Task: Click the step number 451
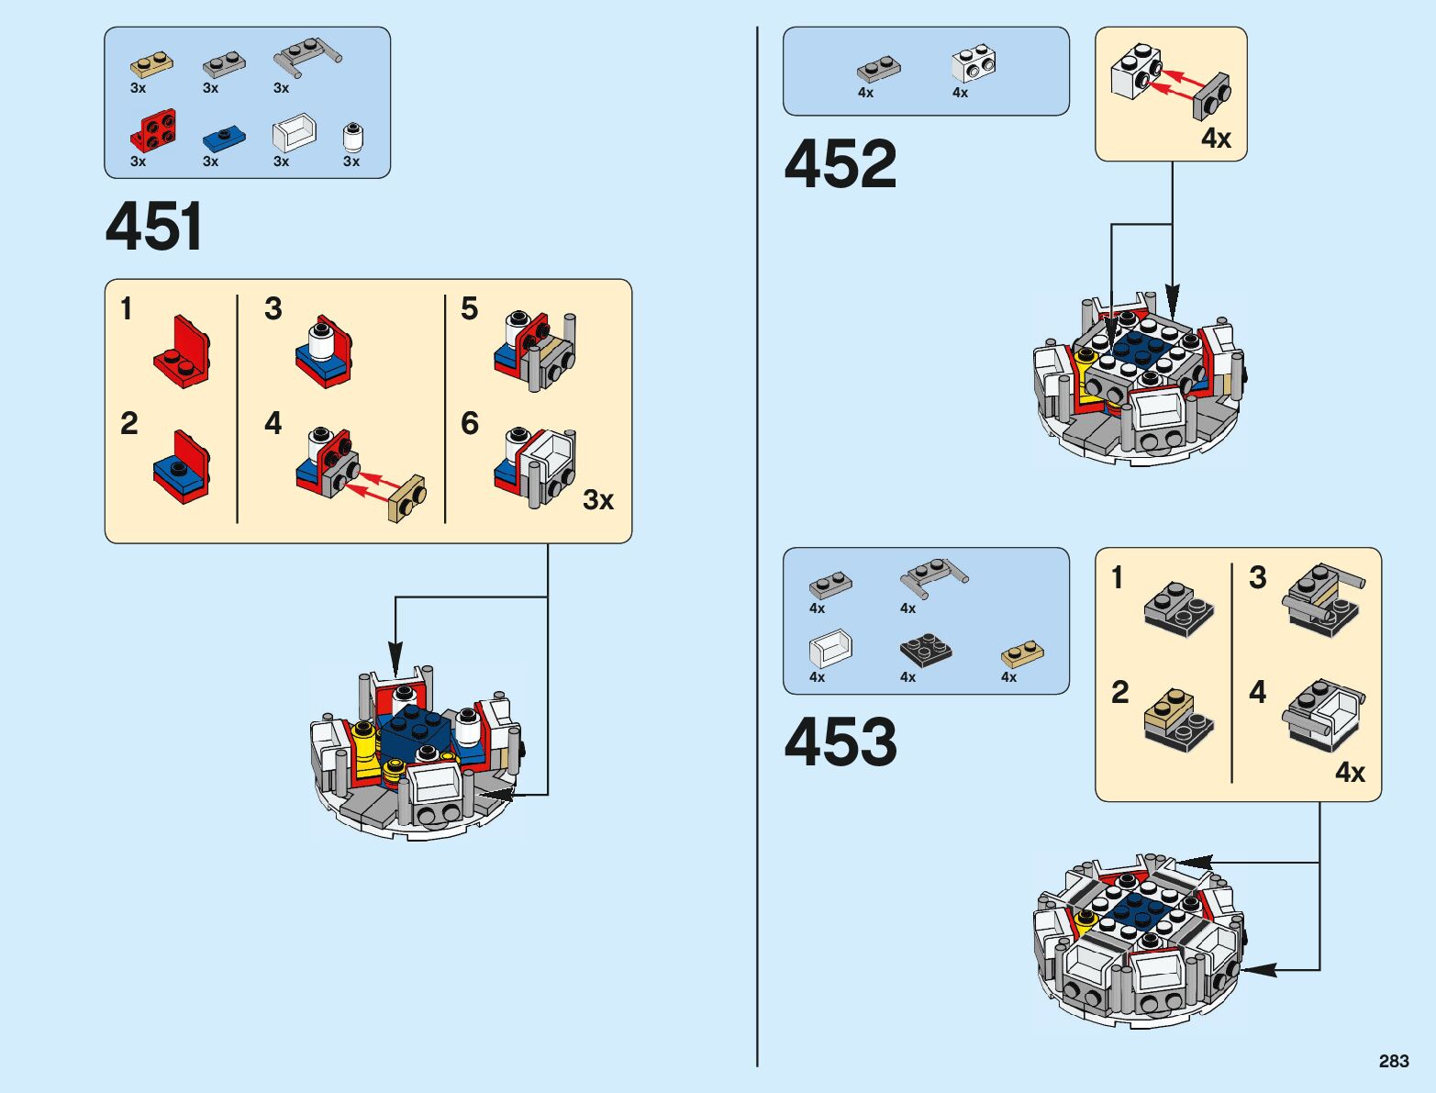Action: click(154, 228)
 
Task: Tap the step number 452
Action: click(840, 164)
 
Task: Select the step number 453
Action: click(840, 742)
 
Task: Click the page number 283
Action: click(1393, 1061)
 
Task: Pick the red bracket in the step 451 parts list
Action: click(154, 130)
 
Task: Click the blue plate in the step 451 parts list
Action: click(224, 139)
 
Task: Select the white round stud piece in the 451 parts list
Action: click(352, 137)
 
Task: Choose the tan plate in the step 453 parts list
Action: click(1022, 653)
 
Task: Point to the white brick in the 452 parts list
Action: click(974, 63)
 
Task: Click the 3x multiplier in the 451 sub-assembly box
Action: click(598, 500)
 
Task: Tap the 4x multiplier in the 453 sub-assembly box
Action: click(1350, 773)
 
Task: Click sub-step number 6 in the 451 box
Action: click(470, 423)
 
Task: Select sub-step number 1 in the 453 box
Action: click(1117, 578)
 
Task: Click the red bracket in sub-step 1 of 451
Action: click(184, 351)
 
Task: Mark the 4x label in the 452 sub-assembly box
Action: click(1216, 139)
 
